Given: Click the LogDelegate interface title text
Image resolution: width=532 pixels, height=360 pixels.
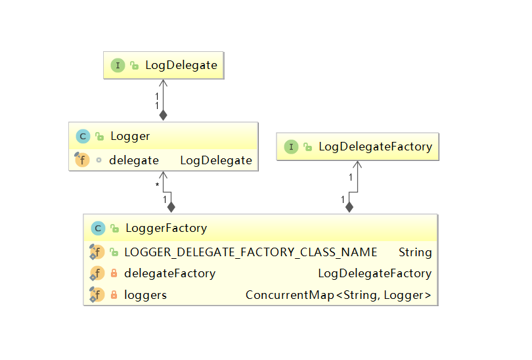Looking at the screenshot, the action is [181, 65].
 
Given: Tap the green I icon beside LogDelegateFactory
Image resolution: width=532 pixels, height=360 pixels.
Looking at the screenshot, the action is [291, 147].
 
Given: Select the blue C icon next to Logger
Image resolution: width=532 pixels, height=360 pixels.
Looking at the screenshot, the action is [83, 137].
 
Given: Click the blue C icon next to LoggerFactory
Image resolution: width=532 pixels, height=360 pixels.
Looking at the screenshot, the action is [98, 229].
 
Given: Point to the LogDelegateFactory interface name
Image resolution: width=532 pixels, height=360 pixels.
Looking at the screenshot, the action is [375, 146].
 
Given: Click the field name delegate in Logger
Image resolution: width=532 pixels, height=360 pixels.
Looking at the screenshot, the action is [134, 160].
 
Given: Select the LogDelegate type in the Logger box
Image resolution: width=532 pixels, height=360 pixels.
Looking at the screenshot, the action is [216, 160].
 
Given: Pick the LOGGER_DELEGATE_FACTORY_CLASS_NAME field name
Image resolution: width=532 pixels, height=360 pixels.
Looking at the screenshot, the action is [251, 252].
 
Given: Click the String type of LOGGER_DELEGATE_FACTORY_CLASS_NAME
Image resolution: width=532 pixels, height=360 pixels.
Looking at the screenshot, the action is [415, 252].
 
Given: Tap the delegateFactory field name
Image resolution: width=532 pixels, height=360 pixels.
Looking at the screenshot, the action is [170, 273].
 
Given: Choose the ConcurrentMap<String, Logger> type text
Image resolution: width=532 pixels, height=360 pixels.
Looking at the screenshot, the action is [338, 295].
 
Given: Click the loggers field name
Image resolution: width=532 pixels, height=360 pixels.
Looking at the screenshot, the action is [146, 295].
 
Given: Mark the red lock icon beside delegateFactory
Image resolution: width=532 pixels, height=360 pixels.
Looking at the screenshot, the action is [114, 273].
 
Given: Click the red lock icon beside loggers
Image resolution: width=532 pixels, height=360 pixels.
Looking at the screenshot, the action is [114, 294].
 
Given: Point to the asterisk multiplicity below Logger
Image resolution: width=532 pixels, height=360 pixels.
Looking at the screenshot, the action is [157, 185].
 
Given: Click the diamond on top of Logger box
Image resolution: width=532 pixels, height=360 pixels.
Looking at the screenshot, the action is [163, 116].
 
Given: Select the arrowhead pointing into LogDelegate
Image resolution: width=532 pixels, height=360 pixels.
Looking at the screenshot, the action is [163, 83].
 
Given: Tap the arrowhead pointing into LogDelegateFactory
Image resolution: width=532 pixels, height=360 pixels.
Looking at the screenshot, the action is [357, 164].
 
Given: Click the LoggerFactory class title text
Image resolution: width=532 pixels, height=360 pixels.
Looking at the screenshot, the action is [166, 229].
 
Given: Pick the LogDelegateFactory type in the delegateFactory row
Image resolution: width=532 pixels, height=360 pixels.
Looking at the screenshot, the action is [374, 273].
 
